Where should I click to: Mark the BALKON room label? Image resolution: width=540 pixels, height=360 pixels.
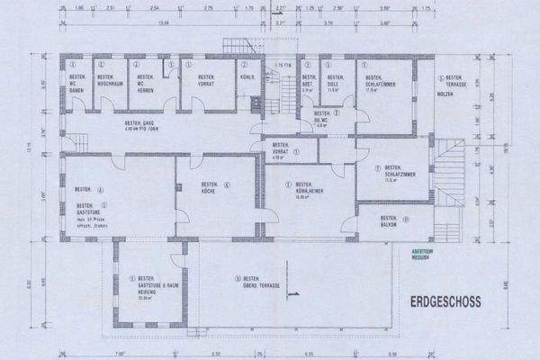pos(389,221)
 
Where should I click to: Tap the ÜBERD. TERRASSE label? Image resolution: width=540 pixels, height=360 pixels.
pos(262,282)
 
